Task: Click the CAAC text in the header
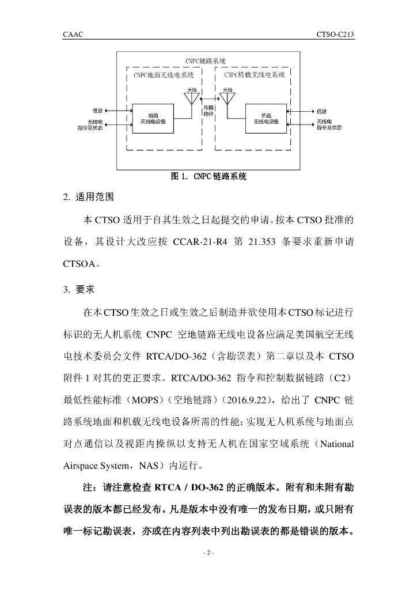(x=73, y=35)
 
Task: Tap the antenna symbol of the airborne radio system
(x=227, y=100)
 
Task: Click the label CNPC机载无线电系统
(x=254, y=75)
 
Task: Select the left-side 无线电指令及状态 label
(x=95, y=125)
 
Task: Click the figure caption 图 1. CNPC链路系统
(x=208, y=177)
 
